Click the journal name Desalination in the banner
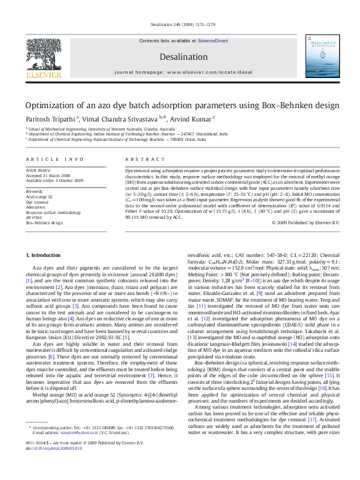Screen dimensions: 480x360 pyautogui.click(x=179, y=56)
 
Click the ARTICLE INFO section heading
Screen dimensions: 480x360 pyautogui.click(x=54, y=159)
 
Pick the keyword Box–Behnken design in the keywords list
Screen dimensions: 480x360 pyautogui.click(x=44, y=222)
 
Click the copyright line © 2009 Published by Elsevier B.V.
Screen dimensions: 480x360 pyautogui.click(x=298, y=222)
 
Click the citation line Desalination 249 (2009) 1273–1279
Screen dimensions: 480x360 pyautogui.click(x=180, y=25)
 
